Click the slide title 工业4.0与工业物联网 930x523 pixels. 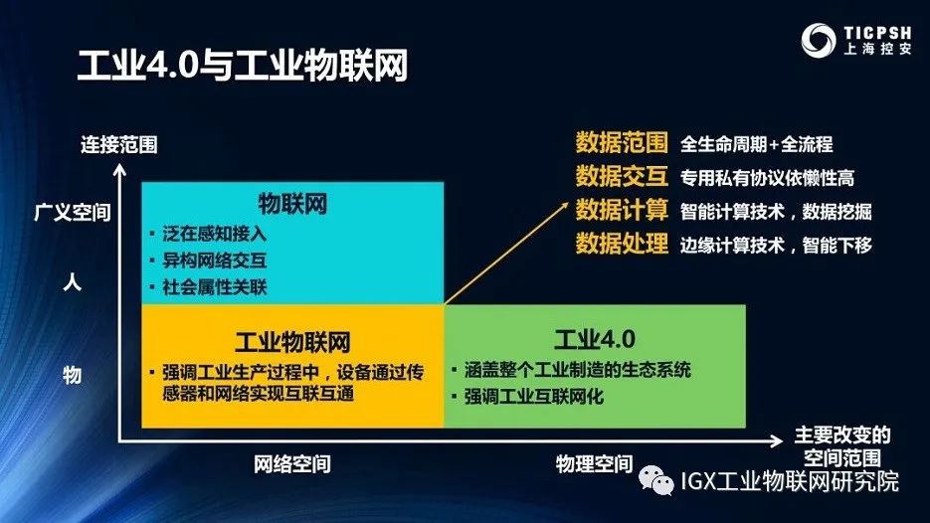[244, 69]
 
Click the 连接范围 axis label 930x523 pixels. [119, 145]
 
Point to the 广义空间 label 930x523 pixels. [72, 213]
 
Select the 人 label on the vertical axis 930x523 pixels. [72, 281]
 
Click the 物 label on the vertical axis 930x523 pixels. [72, 374]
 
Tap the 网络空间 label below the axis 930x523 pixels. [291, 463]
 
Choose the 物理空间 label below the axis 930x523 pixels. [594, 463]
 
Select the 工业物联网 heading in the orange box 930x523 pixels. [292, 341]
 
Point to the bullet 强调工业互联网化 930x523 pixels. [534, 397]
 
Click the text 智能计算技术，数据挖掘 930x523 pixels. [776, 211]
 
